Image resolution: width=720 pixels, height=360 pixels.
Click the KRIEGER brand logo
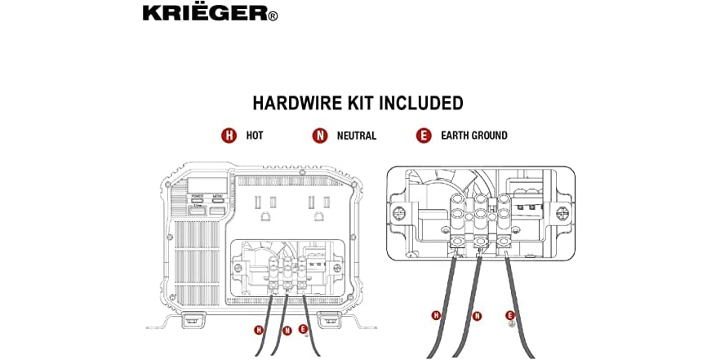click(209, 13)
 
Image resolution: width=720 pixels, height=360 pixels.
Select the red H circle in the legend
click(229, 136)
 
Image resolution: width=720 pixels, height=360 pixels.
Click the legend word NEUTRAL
click(356, 136)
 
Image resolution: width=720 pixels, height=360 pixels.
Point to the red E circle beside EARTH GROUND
click(423, 136)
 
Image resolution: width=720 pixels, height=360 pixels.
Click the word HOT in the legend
click(255, 136)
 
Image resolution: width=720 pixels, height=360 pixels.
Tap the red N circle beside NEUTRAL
click(320, 136)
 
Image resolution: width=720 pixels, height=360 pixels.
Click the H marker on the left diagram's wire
click(259, 330)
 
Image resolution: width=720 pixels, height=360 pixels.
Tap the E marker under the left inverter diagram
click(303, 330)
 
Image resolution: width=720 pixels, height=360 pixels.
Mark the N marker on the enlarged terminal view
click(477, 315)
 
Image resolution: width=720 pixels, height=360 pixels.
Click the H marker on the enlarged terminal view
click(436, 315)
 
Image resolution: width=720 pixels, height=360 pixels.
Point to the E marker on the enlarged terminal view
click(511, 315)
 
